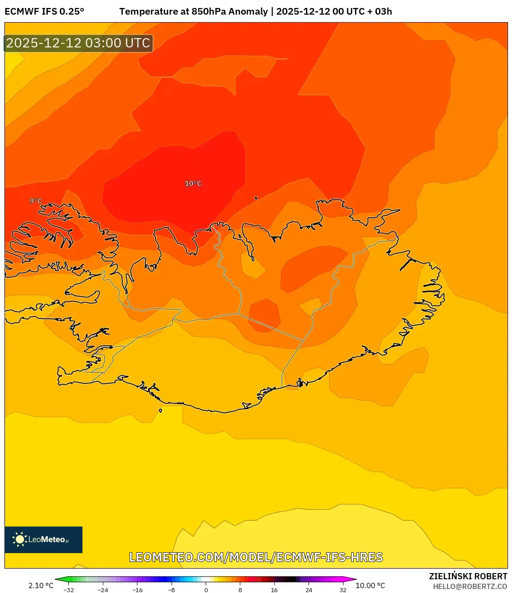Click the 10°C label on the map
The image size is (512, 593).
coord(193,183)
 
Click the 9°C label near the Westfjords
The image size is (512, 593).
coord(36,201)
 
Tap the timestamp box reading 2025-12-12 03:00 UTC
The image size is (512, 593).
coord(78,43)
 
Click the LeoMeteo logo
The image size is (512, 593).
coord(43,539)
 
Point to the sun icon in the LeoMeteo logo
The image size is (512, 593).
coord(20,539)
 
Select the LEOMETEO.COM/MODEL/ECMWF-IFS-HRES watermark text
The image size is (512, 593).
coord(256,557)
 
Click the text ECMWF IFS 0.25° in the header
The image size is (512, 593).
coord(44,12)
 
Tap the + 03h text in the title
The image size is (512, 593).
coord(379,12)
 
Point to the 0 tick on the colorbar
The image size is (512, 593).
coord(206,590)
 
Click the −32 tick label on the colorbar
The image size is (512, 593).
coord(69,590)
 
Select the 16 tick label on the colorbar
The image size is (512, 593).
coord(274,590)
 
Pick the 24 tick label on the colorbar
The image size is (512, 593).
coord(309,590)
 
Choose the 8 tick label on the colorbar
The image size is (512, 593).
coord(240,590)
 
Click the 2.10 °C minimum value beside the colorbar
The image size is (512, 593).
coord(41,585)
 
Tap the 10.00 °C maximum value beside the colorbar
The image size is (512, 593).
coord(370,585)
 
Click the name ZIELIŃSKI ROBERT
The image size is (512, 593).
coord(468,576)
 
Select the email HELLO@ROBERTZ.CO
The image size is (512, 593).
coord(470,586)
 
